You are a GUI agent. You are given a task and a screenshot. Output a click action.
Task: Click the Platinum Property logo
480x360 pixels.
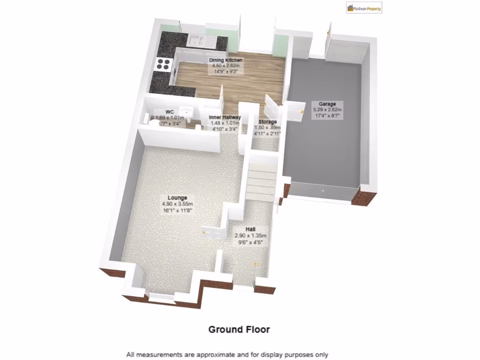click(364, 7)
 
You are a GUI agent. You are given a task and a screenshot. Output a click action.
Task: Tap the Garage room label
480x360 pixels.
click(328, 104)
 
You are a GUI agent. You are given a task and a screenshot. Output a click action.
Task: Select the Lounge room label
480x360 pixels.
click(177, 198)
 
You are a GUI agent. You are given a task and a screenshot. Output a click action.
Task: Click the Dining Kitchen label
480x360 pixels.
click(226, 60)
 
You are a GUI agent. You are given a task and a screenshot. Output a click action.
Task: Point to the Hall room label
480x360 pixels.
click(250, 229)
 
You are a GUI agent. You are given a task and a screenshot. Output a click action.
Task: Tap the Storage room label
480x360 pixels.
click(267, 122)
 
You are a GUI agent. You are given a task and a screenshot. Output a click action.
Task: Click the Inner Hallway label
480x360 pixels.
click(225, 117)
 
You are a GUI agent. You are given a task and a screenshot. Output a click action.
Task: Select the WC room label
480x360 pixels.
click(170, 112)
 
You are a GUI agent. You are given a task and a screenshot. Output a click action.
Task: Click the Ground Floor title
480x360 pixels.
click(239, 330)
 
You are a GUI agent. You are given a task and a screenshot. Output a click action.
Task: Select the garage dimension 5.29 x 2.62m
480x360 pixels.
click(328, 110)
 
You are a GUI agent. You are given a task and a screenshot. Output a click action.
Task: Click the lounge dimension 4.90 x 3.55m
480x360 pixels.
click(177, 204)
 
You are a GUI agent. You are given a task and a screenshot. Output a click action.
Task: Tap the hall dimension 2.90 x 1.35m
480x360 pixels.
click(250, 235)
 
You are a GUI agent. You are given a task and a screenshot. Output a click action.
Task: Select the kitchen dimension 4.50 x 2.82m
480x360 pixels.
click(226, 66)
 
